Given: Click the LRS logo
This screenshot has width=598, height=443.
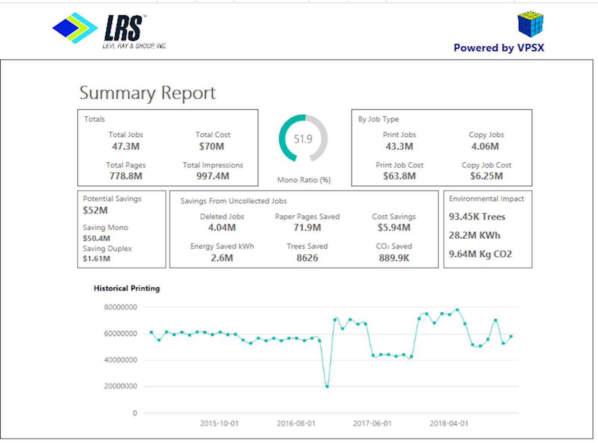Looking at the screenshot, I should pos(110,30).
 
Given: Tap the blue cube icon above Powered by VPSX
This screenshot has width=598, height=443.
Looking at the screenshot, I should pos(530,24).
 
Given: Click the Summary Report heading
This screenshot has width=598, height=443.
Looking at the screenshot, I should pos(148,93).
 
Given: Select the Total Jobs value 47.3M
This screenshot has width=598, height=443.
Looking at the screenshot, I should pos(126,146).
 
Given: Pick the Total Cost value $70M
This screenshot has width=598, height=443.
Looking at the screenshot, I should pos(212,146).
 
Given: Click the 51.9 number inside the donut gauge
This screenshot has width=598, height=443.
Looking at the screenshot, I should pos(303,139).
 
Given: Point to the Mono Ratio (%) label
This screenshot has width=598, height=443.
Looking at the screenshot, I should pos(304,180).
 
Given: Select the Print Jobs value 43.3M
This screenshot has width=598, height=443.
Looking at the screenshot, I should pos(399,146).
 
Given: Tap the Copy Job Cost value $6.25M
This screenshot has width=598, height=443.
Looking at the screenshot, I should pos(486,176).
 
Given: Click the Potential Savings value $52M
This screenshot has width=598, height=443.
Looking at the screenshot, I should pos(95,210).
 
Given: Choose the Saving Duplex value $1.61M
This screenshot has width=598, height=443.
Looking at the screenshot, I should pos(96,258).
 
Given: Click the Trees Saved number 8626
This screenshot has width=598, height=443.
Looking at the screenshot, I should pos(307,258).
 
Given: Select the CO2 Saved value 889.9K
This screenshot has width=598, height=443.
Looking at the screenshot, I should pos(394,258).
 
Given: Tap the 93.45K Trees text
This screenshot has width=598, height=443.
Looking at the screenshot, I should pos(477,217).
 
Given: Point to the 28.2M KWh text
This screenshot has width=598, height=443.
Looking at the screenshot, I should pos(474,235).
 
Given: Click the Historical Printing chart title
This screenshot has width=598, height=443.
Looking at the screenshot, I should pos(127,288).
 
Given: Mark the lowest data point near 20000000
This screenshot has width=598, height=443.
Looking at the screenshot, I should pos(327,387).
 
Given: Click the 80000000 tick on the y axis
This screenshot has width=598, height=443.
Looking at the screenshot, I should pos(120,307).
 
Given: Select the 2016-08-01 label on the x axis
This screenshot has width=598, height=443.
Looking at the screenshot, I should pos(296,424).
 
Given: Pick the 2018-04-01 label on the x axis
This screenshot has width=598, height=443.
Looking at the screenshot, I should pos(449,424).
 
